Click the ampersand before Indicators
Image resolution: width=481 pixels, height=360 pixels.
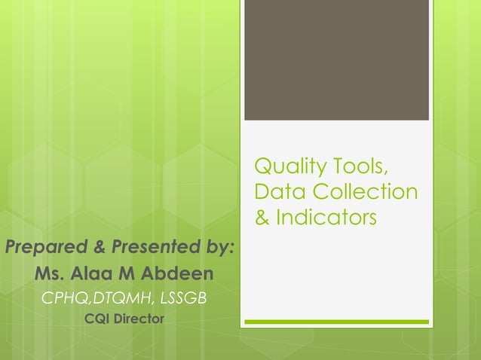coord(262,218)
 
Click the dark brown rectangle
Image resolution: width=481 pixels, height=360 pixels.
coord(336,60)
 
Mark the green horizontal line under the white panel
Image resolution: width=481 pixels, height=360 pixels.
coord(336,322)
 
